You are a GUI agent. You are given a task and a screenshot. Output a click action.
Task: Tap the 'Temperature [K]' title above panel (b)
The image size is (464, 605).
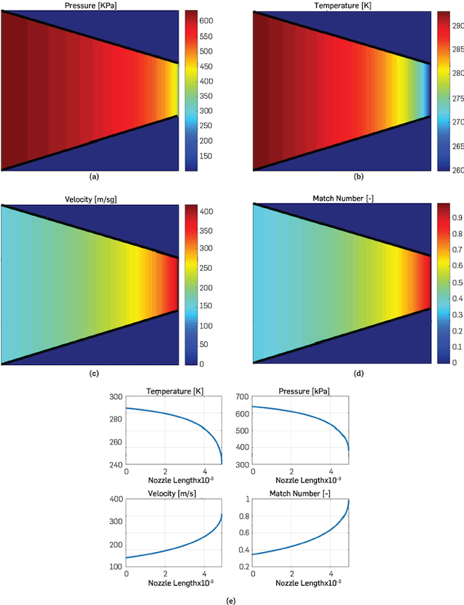(x=341, y=6)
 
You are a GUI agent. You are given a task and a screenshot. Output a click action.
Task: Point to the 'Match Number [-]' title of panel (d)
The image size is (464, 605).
(x=341, y=198)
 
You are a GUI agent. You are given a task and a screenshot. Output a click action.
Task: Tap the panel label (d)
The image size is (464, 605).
(x=341, y=372)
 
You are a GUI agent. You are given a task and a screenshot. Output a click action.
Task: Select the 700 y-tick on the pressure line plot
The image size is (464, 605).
(x=239, y=397)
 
